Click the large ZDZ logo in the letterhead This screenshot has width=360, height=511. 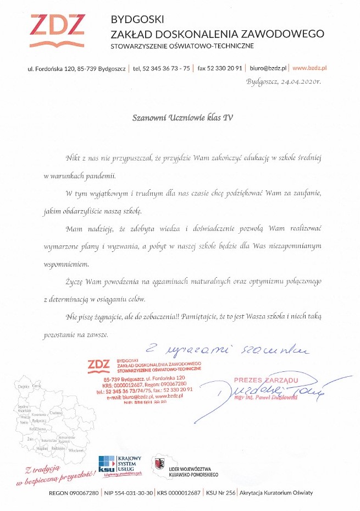pos(58,31)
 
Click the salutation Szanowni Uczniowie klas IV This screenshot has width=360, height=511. pos(180,117)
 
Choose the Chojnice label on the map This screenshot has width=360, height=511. pos(23,387)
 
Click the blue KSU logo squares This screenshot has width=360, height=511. pos(107,463)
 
